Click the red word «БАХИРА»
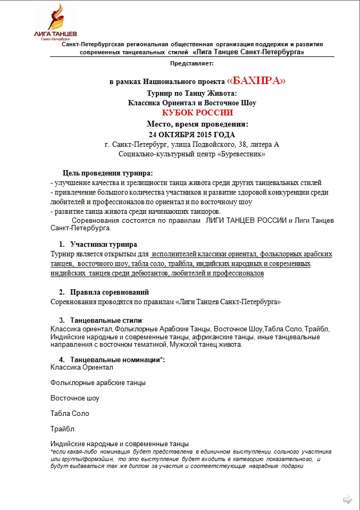(256, 81)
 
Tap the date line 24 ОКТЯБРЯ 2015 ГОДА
(192, 135)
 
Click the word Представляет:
(191, 63)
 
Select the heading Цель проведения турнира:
(107, 173)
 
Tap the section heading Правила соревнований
(110, 292)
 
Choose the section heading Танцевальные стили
(106, 320)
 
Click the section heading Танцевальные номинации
(116, 360)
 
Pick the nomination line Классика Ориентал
(82, 367)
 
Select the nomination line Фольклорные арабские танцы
(98, 382)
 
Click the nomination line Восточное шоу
(75, 398)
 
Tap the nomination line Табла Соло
(70, 413)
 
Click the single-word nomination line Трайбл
(62, 429)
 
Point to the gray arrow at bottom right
(348, 499)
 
